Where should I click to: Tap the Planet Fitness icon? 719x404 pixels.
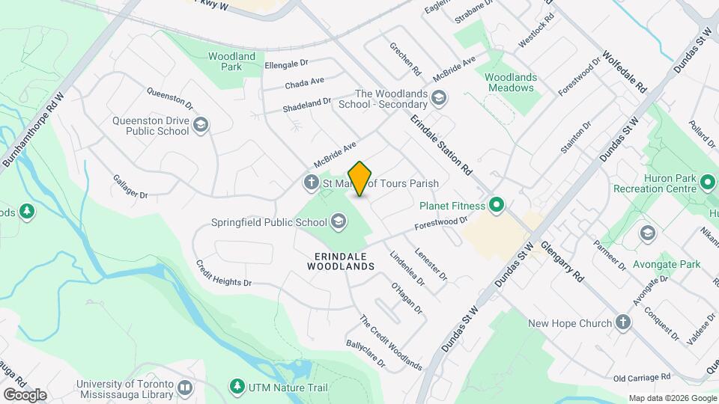[496, 204]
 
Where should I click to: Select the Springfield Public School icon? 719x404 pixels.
[339, 221]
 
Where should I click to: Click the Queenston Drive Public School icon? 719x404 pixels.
[200, 125]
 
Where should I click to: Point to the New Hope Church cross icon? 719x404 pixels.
[622, 322]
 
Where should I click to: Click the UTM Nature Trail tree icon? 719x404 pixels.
[237, 387]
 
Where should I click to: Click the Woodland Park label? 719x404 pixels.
[232, 61]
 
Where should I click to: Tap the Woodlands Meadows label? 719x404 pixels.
[509, 82]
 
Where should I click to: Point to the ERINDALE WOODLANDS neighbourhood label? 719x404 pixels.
[340, 260]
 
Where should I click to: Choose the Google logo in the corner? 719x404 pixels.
[25, 394]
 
